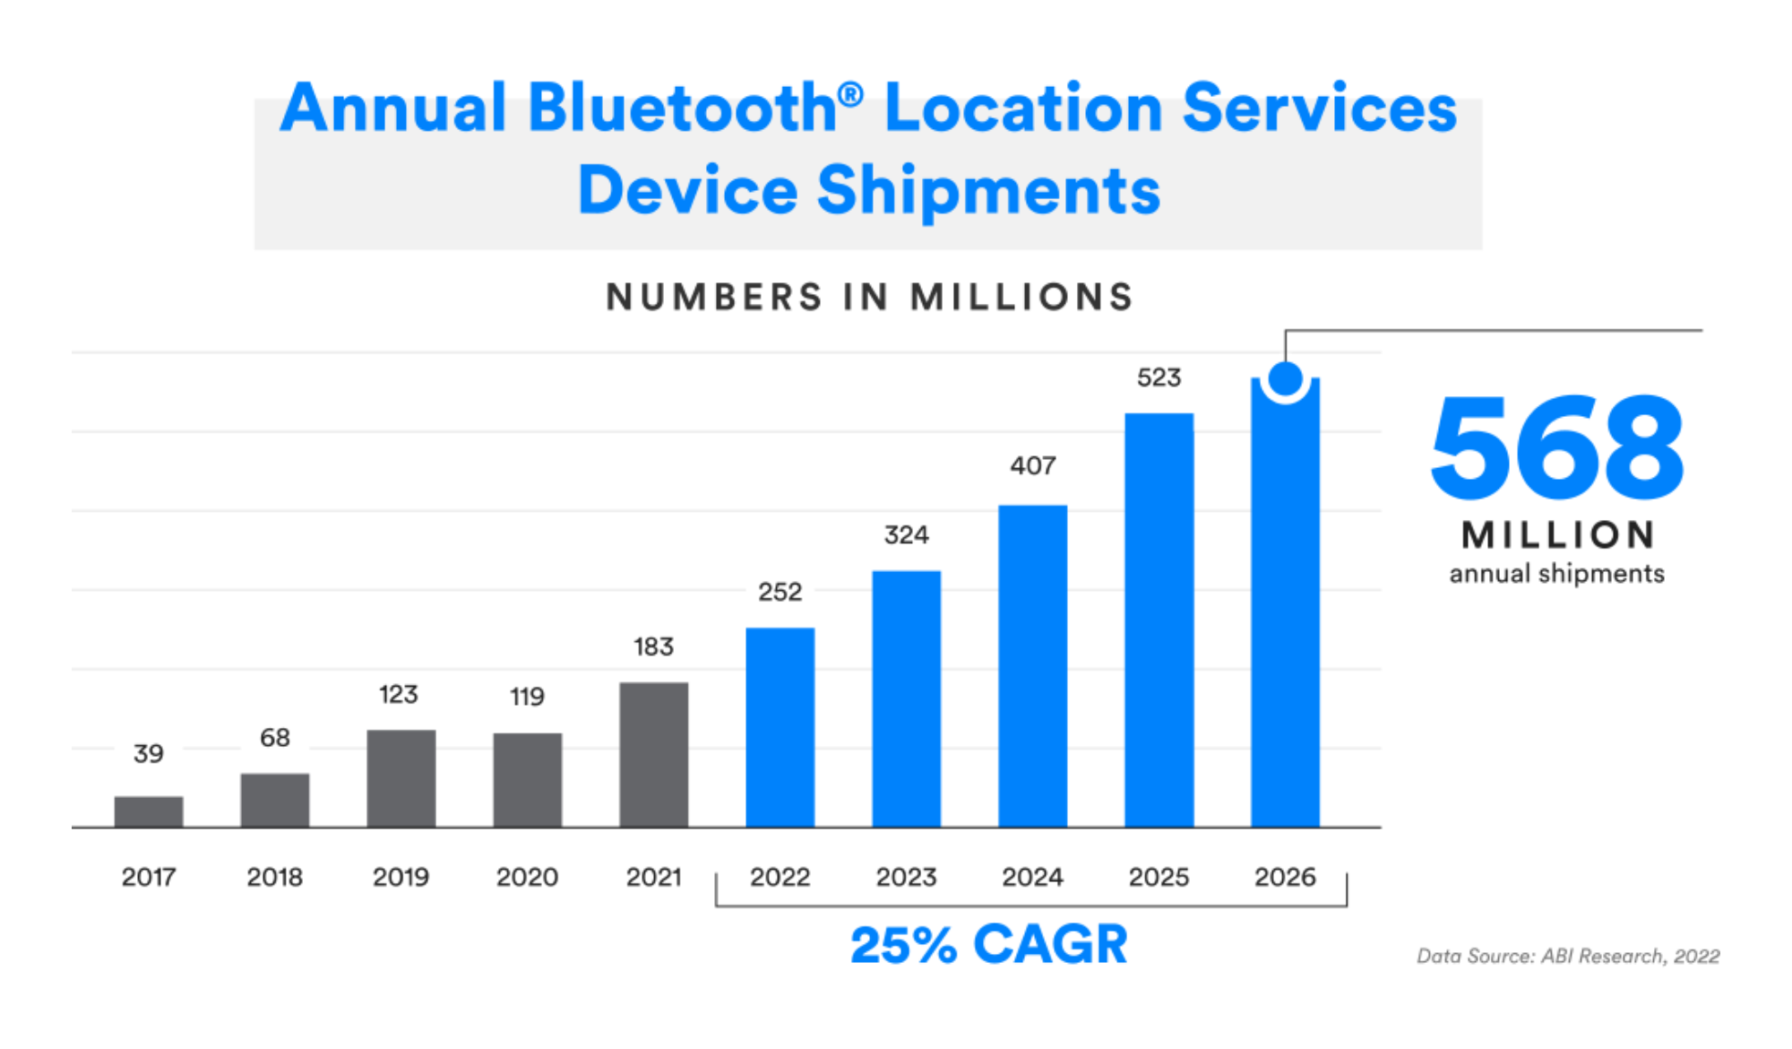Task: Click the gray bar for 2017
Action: coord(149,811)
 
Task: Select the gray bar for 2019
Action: coord(401,778)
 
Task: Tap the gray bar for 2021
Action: coord(653,755)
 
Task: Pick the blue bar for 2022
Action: coord(780,727)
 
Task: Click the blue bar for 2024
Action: coord(1032,666)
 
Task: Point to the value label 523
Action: coord(1159,377)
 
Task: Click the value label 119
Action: coord(527,697)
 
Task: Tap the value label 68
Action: coord(274,738)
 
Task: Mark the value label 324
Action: coord(906,535)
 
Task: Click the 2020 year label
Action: coord(527,877)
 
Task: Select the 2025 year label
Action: coord(1159,877)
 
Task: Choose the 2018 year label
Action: coord(274,877)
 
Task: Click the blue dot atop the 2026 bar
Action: coord(1285,379)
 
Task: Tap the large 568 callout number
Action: coord(1557,448)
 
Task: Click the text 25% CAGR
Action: coord(988,945)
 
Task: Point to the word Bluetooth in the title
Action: coord(683,108)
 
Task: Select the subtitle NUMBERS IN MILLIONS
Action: coord(869,298)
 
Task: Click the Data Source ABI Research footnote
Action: coord(1567,957)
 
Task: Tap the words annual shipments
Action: coord(1556,574)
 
